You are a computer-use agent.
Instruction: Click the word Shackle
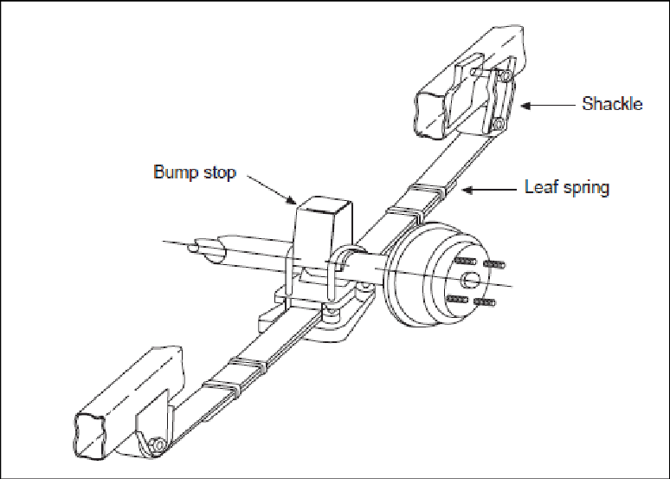(x=613, y=104)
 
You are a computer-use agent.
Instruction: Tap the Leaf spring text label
(x=567, y=186)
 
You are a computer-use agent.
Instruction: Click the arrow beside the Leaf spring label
(x=488, y=187)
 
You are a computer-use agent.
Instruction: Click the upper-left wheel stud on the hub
(x=464, y=261)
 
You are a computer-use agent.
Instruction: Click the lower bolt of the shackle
(x=497, y=126)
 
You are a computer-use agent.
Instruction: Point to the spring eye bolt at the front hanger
(x=156, y=445)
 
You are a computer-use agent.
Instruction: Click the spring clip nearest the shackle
(x=427, y=192)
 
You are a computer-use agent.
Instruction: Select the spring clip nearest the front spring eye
(x=220, y=381)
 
